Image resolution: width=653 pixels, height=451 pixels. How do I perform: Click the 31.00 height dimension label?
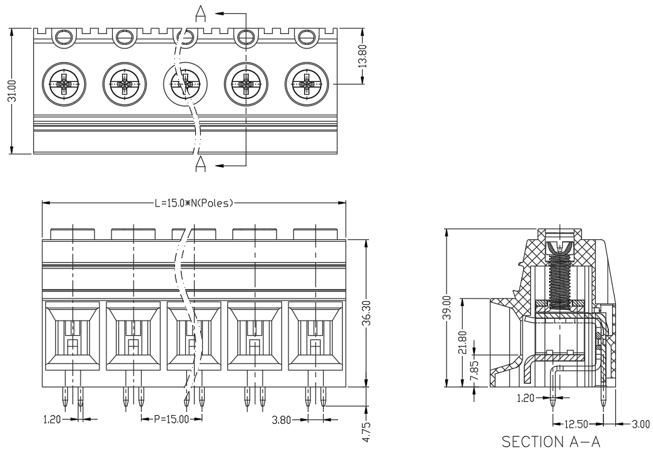pyautogui.click(x=13, y=91)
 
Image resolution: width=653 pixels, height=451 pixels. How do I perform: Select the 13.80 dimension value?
pyautogui.click(x=363, y=56)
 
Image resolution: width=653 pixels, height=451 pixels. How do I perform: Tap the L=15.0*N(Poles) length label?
pyautogui.click(x=194, y=203)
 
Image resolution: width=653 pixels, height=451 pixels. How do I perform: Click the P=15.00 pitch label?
pyautogui.click(x=171, y=419)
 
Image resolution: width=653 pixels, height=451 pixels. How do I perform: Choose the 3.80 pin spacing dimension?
pyautogui.click(x=281, y=420)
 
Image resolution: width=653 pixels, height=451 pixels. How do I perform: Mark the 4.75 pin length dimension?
pyautogui.click(x=366, y=433)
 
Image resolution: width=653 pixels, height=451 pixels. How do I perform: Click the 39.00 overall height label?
pyautogui.click(x=447, y=307)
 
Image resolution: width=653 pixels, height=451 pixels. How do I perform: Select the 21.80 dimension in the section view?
pyautogui.click(x=462, y=342)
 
